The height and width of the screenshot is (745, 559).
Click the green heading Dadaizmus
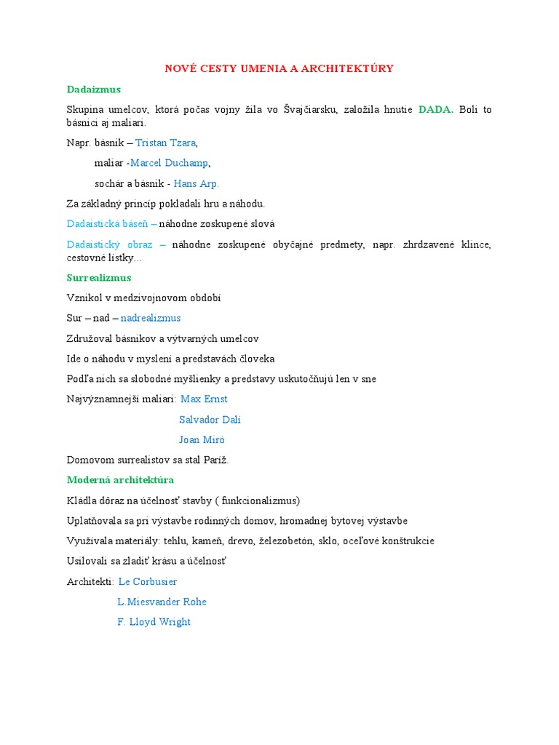pos(93,89)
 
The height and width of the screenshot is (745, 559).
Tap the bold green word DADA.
pos(435,110)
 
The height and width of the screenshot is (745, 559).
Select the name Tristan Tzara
pos(166,143)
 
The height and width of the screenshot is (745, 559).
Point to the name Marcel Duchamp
pos(170,163)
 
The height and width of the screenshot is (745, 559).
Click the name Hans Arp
pos(196,183)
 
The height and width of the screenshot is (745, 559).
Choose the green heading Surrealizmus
pos(99,278)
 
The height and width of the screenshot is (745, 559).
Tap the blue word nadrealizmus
pos(151,318)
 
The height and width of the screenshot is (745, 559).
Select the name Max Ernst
pos(204,399)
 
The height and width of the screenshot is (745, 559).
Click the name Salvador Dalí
pos(210,420)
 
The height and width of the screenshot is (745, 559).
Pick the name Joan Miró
pos(202,439)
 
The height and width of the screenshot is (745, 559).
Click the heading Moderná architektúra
pos(120,480)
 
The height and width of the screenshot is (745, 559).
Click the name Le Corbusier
pos(148,581)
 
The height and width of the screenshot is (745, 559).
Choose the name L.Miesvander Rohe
pos(162,602)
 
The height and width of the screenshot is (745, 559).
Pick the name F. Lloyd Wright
pos(154,622)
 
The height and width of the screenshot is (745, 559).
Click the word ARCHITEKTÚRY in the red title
pos(349,68)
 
